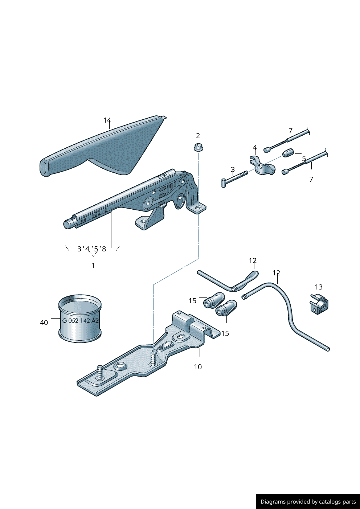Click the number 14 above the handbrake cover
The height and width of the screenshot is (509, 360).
point(107,120)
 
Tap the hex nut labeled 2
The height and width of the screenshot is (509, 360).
point(198,147)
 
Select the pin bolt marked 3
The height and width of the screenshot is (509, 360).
point(234,179)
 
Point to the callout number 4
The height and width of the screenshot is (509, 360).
point(255,147)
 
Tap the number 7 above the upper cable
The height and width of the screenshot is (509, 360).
point(290,131)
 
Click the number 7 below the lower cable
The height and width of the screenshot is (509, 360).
point(311,179)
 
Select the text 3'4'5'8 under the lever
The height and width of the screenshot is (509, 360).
point(92,249)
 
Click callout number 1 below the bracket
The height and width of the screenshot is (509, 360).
point(93,266)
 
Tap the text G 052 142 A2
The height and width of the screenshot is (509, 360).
point(80,321)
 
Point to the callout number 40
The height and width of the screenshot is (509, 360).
point(44,323)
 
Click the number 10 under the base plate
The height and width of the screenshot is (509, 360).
point(198,367)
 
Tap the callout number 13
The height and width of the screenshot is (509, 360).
point(319,287)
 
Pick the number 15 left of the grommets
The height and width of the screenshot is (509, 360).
point(192,301)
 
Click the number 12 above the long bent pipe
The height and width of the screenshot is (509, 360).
point(276,273)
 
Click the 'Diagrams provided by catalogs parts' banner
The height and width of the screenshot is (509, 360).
point(308,501)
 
